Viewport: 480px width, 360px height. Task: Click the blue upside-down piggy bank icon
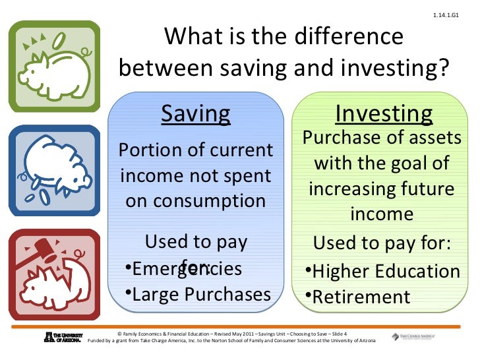click(x=54, y=168)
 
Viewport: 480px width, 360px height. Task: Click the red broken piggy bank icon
click(x=54, y=272)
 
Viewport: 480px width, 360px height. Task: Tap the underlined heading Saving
click(x=196, y=114)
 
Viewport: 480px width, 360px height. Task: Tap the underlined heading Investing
click(x=384, y=114)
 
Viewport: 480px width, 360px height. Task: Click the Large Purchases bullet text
click(x=201, y=294)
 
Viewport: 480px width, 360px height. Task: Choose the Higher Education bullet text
click(x=386, y=271)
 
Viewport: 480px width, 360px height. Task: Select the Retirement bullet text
click(x=361, y=297)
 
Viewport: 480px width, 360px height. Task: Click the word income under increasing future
click(x=382, y=214)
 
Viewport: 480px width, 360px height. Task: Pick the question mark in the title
click(x=441, y=68)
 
